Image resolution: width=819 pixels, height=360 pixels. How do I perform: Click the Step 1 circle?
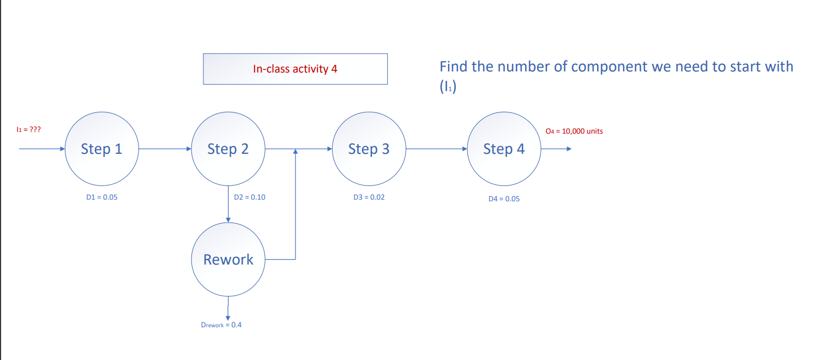[101, 149]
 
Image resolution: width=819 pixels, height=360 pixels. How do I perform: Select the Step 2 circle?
[228, 149]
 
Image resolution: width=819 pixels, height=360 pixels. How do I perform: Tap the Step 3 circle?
[369, 149]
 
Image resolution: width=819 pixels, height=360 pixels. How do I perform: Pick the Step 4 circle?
[504, 149]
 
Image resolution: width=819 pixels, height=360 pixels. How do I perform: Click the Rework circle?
[228, 260]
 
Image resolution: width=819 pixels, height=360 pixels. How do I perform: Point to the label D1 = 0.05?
[101, 197]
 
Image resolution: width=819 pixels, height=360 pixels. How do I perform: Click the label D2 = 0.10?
[249, 197]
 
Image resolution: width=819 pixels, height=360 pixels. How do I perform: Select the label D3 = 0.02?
[369, 197]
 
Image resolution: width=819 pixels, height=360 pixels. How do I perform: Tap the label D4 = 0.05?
[504, 199]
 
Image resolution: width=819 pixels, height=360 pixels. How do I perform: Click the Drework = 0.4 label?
[221, 325]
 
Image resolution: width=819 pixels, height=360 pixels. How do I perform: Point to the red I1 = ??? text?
[28, 130]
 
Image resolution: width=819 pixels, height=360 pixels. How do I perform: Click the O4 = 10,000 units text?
[574, 131]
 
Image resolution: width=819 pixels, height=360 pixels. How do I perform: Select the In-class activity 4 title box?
[295, 69]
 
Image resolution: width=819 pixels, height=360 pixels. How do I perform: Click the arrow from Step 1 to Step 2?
[165, 148]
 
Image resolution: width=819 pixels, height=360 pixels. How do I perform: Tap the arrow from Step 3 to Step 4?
[436, 148]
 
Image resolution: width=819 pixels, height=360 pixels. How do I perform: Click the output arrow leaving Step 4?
[555, 148]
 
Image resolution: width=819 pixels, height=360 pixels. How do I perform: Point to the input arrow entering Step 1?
[41, 148]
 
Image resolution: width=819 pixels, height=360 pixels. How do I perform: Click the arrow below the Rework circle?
[228, 308]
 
